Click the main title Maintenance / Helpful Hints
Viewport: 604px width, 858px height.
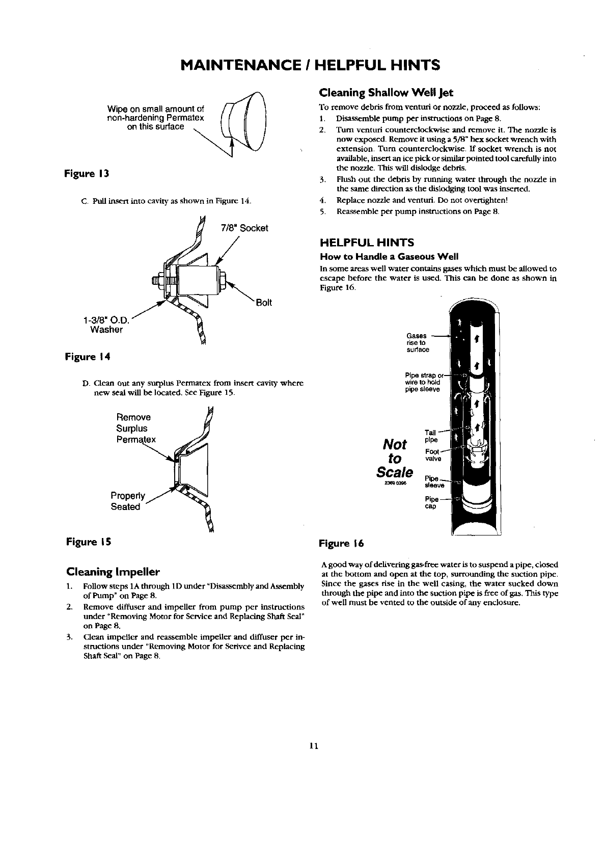(302, 66)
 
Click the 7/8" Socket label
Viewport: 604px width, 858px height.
(244, 228)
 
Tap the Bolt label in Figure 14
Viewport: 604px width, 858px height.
(264, 303)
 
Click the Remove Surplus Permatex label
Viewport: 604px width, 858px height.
(135, 428)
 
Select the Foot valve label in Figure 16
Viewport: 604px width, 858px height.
(432, 455)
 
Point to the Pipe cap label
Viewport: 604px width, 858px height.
(431, 502)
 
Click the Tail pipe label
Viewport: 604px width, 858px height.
(430, 436)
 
